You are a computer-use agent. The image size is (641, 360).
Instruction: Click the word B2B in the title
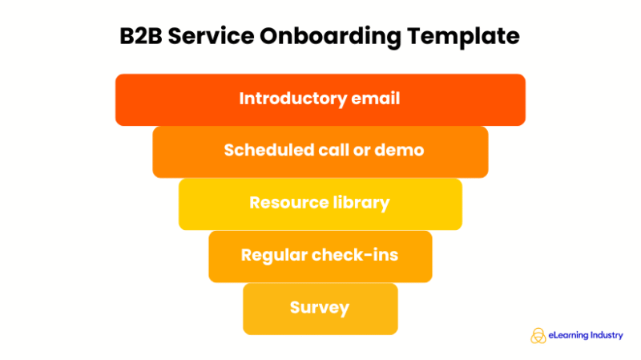click(x=147, y=37)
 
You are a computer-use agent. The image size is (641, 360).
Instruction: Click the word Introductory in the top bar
click(x=293, y=99)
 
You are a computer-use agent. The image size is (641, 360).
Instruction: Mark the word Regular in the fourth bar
click(x=272, y=255)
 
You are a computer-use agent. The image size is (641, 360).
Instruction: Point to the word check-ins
click(x=354, y=255)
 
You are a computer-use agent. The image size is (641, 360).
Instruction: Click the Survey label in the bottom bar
click(x=320, y=308)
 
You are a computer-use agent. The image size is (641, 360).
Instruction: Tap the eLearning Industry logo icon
click(x=538, y=335)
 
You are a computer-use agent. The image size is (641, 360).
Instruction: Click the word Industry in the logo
click(x=607, y=335)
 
